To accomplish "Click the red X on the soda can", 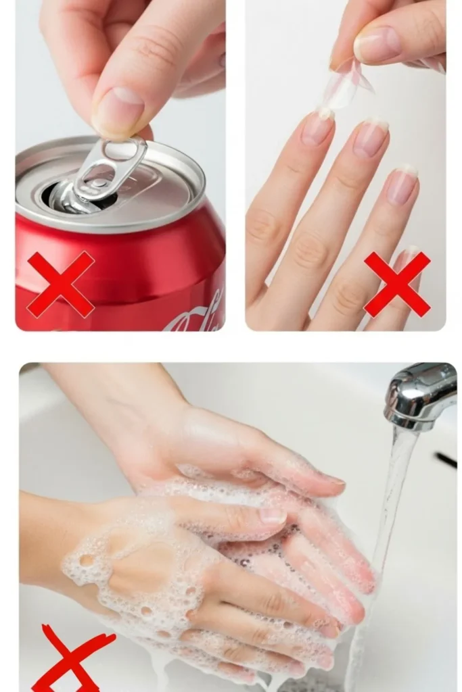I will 60,284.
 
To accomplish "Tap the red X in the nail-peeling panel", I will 397,284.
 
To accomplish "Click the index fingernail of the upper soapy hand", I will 273,516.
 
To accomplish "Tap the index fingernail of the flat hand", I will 317,128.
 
